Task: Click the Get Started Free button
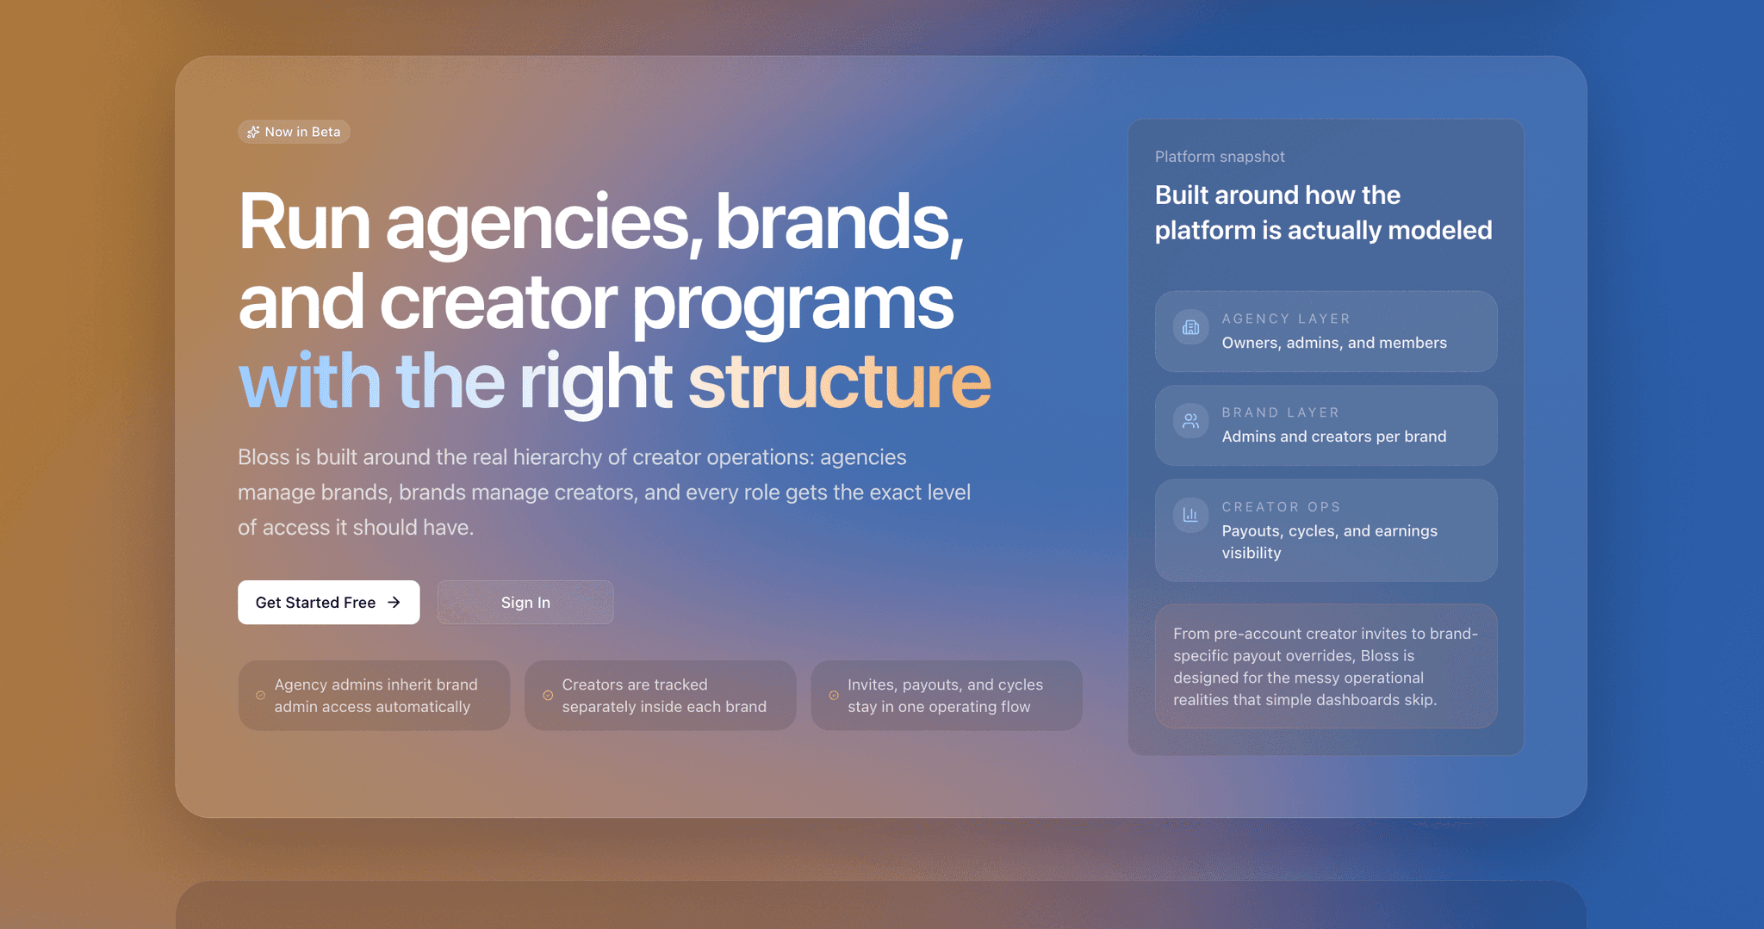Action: click(328, 602)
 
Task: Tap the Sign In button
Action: click(525, 602)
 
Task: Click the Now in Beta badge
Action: click(294, 132)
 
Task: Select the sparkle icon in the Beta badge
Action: click(253, 132)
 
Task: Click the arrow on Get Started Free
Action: click(394, 603)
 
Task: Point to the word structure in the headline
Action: click(839, 381)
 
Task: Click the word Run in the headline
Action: click(304, 223)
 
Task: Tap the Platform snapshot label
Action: click(1220, 157)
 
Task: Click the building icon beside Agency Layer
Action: click(1190, 327)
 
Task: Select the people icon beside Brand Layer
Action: click(1190, 421)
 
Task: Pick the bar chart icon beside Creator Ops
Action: click(1190, 515)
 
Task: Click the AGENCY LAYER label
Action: click(1286, 319)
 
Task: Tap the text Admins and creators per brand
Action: click(1334, 437)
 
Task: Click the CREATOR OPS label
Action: click(1281, 507)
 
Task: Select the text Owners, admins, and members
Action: click(1334, 343)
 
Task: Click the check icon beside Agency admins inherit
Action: click(260, 696)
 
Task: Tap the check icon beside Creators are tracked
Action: click(548, 696)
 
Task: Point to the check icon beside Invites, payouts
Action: click(834, 696)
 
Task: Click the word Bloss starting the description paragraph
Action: click(264, 457)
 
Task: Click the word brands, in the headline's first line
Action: click(839, 223)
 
